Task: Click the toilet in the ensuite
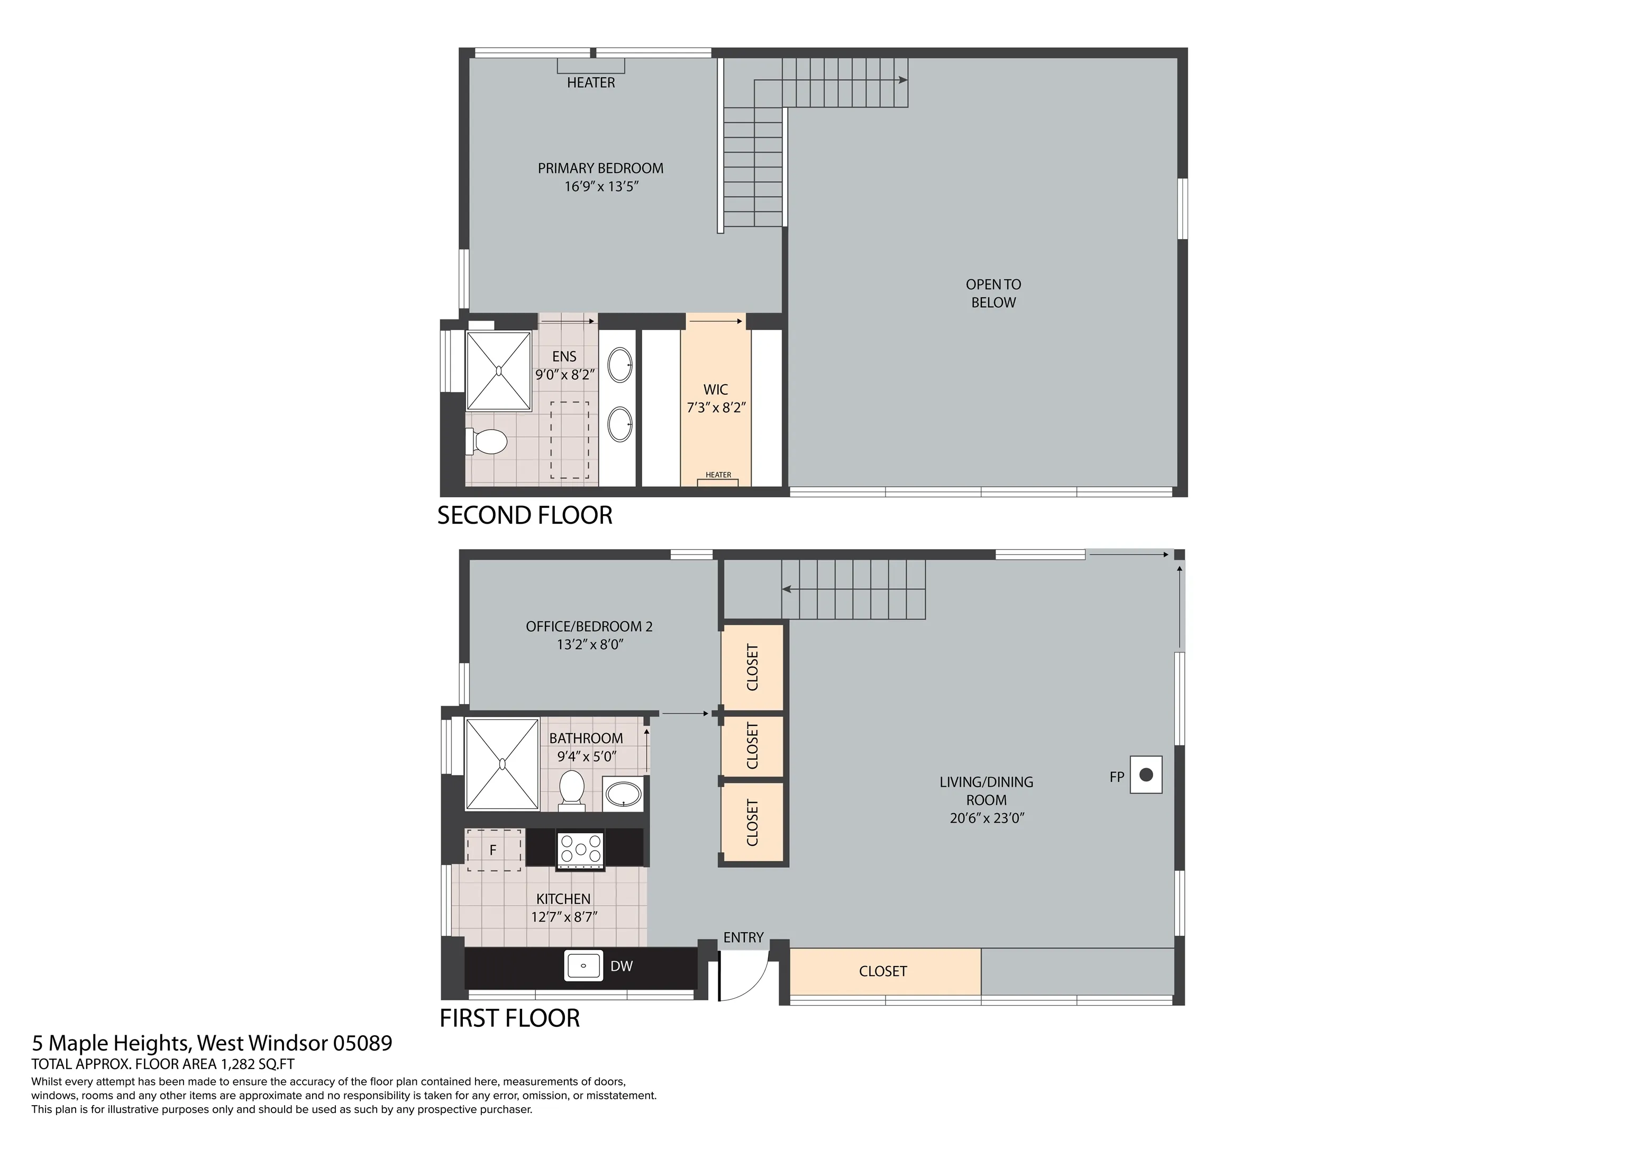coord(487,442)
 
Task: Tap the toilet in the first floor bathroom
coord(571,790)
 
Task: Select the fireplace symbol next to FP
coord(1146,774)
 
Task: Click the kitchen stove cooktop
coord(580,850)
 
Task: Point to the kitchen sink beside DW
coord(583,965)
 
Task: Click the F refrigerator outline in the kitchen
coord(494,850)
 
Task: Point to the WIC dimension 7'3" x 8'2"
coord(716,408)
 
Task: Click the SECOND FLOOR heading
coord(524,515)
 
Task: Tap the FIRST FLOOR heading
coord(509,1018)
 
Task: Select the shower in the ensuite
coord(499,370)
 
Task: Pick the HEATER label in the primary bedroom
coord(591,83)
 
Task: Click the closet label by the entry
coord(882,971)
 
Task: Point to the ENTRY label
coord(743,937)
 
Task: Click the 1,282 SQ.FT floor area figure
coord(258,1064)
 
